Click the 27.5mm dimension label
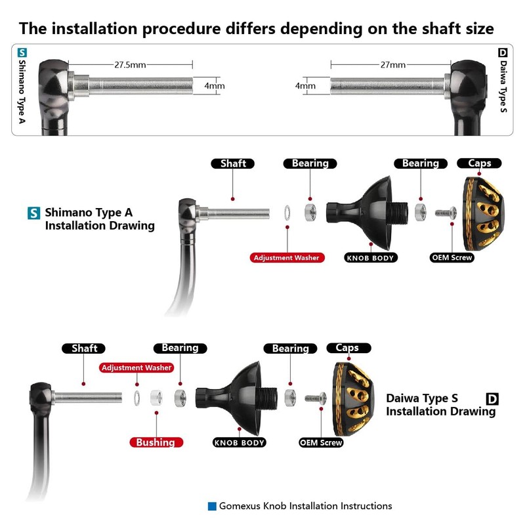(x=130, y=64)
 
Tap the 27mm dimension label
(x=392, y=64)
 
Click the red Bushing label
(x=156, y=442)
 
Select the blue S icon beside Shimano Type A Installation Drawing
(x=33, y=213)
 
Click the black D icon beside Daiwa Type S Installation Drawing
(x=492, y=399)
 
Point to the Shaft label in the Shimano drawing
(x=233, y=163)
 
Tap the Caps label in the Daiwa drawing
(x=348, y=348)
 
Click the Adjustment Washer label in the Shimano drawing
(x=287, y=257)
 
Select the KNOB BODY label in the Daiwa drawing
(x=240, y=442)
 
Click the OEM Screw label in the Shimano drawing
(x=452, y=257)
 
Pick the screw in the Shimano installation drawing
(x=446, y=213)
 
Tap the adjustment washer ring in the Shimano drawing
(x=287, y=213)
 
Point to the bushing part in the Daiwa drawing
(x=156, y=398)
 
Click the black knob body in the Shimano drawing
(x=367, y=213)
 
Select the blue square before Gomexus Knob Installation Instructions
(x=212, y=506)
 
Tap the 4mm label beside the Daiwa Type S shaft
(x=305, y=86)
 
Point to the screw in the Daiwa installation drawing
(x=316, y=398)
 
